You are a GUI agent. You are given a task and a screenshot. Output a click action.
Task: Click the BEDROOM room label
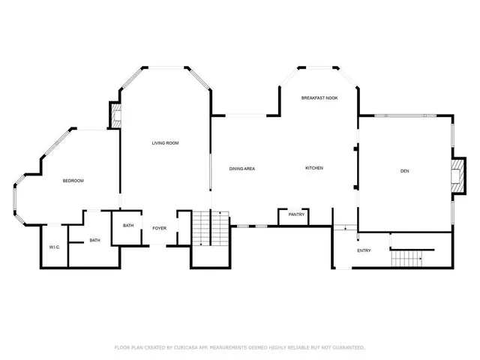(x=73, y=181)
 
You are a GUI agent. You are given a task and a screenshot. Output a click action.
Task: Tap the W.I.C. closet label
(x=54, y=247)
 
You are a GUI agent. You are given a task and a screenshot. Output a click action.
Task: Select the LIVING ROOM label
(x=165, y=142)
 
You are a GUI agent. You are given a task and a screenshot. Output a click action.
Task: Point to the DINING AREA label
(x=242, y=168)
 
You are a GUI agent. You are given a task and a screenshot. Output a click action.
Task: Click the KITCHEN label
(x=313, y=168)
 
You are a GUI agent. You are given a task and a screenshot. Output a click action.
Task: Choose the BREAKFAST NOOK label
(x=319, y=98)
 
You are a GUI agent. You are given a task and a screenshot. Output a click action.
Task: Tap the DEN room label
(x=404, y=172)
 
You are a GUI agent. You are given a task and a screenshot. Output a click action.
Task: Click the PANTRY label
(x=296, y=214)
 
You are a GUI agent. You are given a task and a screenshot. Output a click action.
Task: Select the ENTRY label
(x=364, y=250)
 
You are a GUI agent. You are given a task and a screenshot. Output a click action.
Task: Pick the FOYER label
(x=160, y=227)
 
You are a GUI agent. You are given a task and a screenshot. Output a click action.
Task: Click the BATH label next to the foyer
(x=128, y=226)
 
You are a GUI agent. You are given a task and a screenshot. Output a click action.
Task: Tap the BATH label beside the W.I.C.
(x=94, y=240)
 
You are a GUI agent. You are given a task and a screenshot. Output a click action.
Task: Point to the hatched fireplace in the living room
(x=115, y=114)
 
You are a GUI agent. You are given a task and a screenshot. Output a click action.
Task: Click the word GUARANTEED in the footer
(x=347, y=347)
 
